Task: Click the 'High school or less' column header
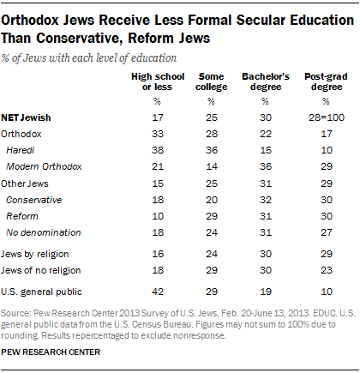[158, 81]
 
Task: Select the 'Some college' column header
[212, 81]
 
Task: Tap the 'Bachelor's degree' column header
[266, 81]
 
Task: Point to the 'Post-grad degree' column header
[326, 81]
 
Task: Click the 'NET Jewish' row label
[26, 117]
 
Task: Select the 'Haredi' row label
[21, 150]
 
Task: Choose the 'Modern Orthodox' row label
[44, 166]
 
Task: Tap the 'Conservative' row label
[33, 200]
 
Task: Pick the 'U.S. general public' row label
[41, 292]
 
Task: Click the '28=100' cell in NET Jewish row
[327, 117]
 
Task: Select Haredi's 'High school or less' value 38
[158, 150]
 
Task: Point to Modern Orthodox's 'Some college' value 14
[212, 166]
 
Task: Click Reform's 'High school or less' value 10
[158, 216]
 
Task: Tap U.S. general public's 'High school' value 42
[158, 292]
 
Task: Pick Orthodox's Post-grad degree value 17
[327, 134]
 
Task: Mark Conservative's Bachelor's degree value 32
[266, 200]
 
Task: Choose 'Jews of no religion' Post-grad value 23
[327, 270]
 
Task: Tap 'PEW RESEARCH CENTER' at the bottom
[51, 352]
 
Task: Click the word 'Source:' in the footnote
[15, 313]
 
